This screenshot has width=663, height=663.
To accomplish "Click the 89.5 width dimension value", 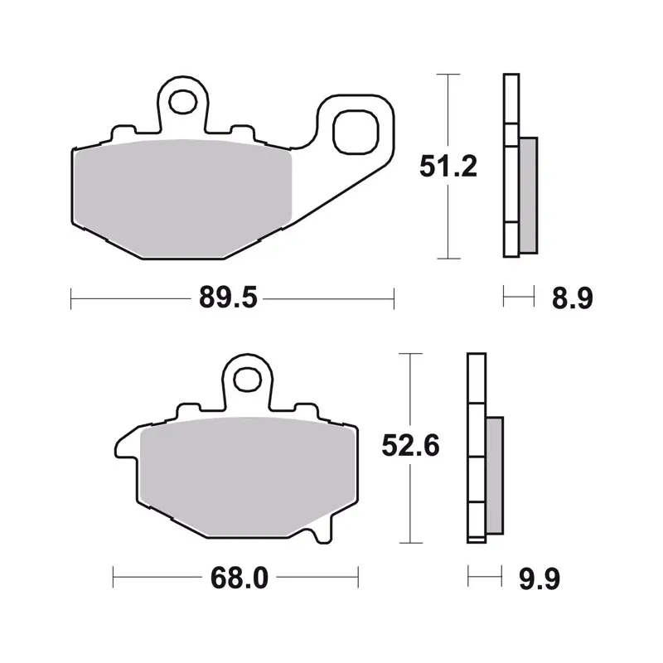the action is [229, 298].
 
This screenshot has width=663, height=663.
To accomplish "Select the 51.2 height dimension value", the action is [448, 167].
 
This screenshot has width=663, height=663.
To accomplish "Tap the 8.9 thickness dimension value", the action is [573, 298].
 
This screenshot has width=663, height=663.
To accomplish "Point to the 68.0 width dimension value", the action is [240, 578].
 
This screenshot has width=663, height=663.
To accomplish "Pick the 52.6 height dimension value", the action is [410, 445].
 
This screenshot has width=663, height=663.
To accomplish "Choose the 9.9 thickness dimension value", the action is [540, 578].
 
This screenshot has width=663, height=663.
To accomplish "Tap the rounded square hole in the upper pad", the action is [355, 132].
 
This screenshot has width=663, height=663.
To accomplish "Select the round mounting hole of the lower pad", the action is [248, 379].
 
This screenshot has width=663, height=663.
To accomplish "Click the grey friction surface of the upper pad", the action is [182, 199].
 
